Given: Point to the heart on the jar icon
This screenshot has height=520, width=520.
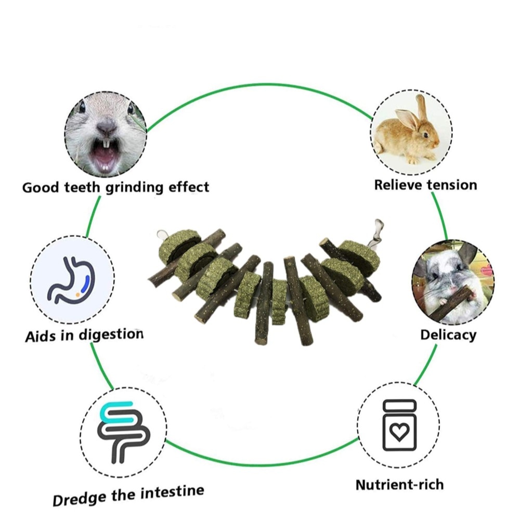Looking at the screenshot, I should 399,432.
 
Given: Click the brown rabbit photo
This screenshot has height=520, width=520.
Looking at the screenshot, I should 411,133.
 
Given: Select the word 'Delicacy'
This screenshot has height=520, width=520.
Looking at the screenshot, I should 448,334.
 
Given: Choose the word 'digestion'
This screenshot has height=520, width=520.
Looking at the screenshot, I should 111,335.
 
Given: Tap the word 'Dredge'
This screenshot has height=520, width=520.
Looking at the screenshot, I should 81,498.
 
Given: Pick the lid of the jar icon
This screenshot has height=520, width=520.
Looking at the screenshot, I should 399,404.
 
